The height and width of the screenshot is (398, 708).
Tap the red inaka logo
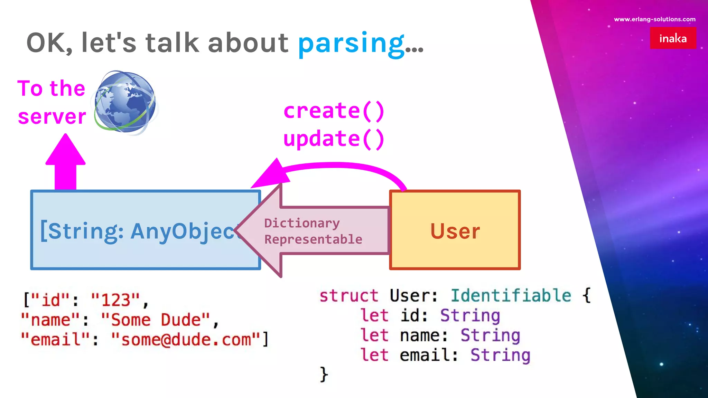click(673, 38)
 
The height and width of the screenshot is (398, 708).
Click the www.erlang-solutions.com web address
click(654, 19)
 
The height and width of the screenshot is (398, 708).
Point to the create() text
click(334, 111)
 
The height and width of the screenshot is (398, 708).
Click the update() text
click(334, 139)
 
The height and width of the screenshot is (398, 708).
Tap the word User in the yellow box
click(455, 231)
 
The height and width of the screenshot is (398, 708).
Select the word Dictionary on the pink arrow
click(302, 223)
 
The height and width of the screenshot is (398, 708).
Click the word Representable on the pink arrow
click(313, 239)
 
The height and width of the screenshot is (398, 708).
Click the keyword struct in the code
click(348, 296)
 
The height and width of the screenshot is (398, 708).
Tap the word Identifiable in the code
click(511, 296)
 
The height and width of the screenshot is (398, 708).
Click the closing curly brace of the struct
click(324, 374)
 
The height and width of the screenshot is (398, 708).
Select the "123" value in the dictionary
click(115, 300)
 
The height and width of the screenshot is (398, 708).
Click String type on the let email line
click(500, 355)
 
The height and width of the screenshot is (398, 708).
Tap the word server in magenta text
click(52, 117)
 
